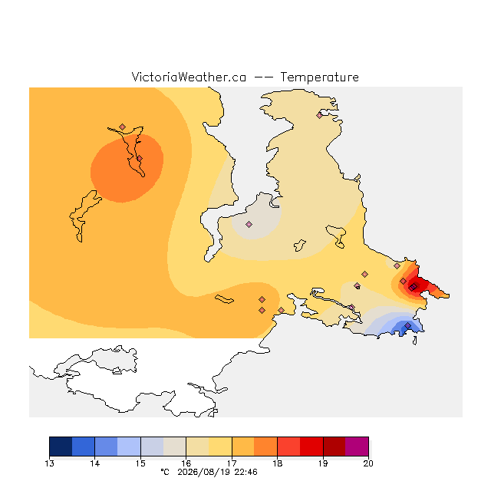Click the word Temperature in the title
click(319, 77)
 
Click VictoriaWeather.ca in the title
click(189, 77)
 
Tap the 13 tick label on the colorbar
click(49, 463)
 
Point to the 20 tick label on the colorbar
click(368, 463)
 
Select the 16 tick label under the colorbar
click(186, 463)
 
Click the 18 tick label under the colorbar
click(277, 463)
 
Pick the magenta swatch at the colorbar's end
click(357, 447)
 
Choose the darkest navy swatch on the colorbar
click(61, 447)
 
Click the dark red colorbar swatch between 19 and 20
click(334, 447)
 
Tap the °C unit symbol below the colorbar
click(165, 472)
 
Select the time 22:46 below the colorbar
click(245, 472)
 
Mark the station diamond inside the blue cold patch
click(407, 326)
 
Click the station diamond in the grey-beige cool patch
click(249, 224)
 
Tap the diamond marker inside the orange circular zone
click(140, 159)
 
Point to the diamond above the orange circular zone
click(123, 127)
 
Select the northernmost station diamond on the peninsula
click(319, 116)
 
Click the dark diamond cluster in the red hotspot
click(413, 287)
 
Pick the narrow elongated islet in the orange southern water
click(224, 299)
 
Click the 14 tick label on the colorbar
click(95, 463)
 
